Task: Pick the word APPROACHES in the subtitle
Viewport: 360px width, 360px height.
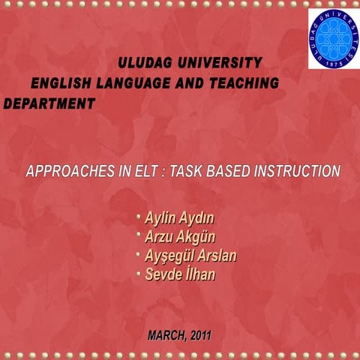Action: pyautogui.click(x=64, y=171)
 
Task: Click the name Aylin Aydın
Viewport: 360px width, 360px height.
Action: pyautogui.click(x=181, y=220)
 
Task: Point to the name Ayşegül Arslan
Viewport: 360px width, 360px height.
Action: pyautogui.click(x=190, y=257)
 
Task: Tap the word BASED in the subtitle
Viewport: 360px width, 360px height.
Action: pyautogui.click(x=220, y=171)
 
